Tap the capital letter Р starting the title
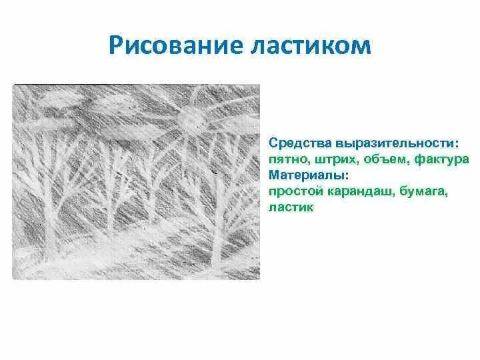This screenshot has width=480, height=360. tap(117, 47)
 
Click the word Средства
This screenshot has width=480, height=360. tap(296, 144)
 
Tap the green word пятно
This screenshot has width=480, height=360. tap(286, 160)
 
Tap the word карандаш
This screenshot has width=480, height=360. tap(353, 192)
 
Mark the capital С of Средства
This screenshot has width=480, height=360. tap(273, 144)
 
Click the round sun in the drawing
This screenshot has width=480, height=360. tap(191, 121)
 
